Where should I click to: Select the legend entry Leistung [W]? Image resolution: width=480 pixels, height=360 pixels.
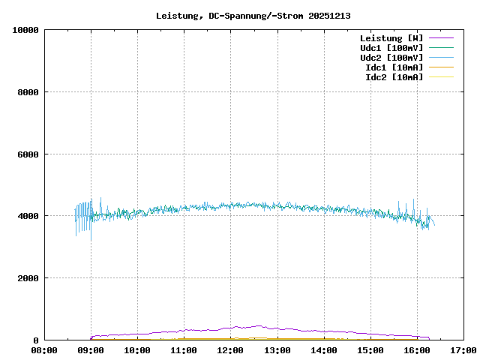(x=391, y=38)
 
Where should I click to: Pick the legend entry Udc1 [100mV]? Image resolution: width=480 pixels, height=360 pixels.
(x=391, y=48)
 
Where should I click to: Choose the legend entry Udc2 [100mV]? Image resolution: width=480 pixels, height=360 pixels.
(x=391, y=58)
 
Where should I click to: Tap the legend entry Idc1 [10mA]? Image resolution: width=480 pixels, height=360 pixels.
(x=394, y=67)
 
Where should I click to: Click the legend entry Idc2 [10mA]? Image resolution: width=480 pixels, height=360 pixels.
(x=394, y=77)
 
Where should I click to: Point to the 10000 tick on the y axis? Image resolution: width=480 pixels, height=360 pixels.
(x=25, y=30)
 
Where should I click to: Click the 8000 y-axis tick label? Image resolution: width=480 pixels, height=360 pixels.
(x=28, y=92)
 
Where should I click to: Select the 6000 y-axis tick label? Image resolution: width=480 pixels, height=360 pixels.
(x=28, y=154)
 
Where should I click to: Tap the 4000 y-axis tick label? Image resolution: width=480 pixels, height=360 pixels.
(x=28, y=216)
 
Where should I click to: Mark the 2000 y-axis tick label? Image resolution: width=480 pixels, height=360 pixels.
(x=28, y=278)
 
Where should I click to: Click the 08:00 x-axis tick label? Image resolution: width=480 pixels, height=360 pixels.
(x=44, y=350)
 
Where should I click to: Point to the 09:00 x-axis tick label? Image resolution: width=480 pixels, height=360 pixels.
(x=91, y=350)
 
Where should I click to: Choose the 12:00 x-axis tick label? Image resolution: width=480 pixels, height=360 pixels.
(x=230, y=350)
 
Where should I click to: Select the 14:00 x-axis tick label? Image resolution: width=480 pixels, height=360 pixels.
(x=323, y=350)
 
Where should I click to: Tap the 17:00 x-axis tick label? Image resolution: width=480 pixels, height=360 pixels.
(x=463, y=350)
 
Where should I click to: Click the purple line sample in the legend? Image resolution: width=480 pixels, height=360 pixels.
(x=441, y=38)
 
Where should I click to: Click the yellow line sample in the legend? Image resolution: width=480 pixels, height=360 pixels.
(x=441, y=77)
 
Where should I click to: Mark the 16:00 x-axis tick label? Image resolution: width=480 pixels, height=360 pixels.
(x=416, y=350)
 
